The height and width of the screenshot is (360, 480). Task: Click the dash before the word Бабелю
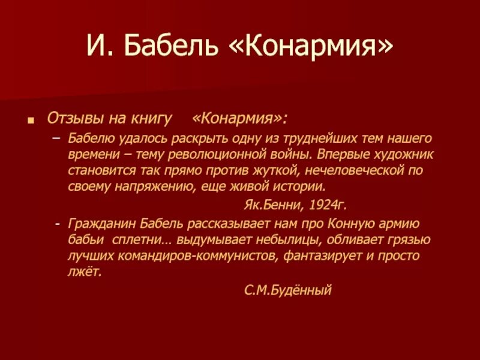point(56,138)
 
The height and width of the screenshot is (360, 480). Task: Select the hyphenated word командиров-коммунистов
point(181,256)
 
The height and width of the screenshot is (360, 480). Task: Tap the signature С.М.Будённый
point(287,291)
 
